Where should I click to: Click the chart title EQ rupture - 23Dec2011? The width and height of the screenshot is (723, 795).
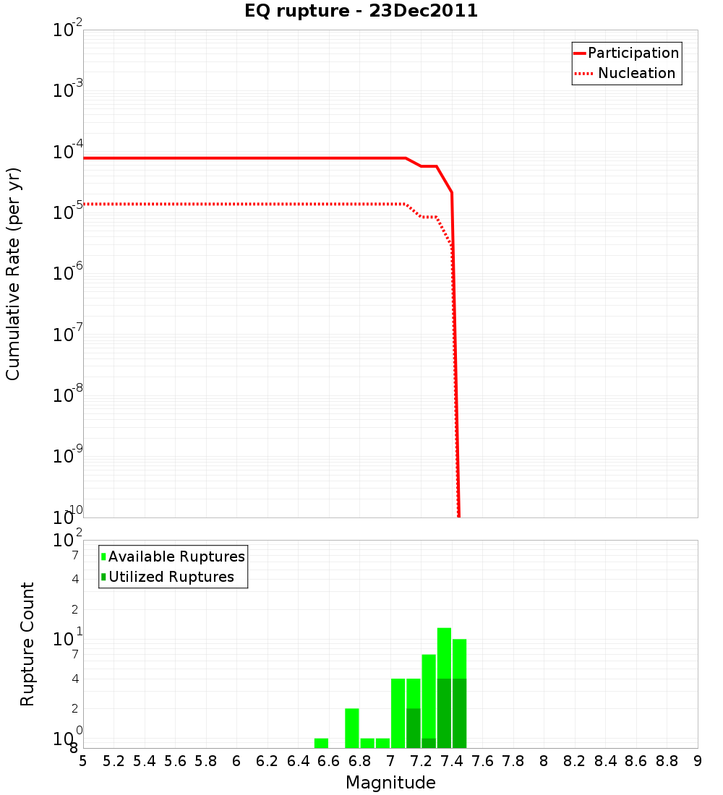[x=361, y=12]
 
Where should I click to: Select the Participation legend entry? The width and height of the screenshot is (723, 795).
[x=633, y=53]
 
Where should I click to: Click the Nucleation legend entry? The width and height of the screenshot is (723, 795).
[x=636, y=73]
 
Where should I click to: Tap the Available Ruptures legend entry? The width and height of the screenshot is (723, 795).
[x=176, y=556]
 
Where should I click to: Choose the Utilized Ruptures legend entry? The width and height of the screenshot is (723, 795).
[x=171, y=577]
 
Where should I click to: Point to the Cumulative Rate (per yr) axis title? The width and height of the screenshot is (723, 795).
[x=13, y=273]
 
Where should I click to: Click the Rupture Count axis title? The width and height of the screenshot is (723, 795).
[x=27, y=643]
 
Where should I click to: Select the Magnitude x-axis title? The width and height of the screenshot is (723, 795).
[x=390, y=783]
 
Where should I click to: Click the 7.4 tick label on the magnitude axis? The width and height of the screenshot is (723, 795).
[x=452, y=761]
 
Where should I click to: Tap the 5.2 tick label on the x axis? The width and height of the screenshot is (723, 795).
[x=114, y=761]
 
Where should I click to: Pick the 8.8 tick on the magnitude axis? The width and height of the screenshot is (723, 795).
[x=667, y=761]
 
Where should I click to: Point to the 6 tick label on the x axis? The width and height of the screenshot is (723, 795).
[x=236, y=761]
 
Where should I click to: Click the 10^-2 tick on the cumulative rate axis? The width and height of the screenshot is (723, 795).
[x=68, y=30]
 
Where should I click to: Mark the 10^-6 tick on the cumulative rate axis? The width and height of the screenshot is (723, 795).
[x=68, y=274]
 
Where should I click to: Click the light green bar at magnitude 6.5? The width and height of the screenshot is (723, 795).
[x=321, y=743]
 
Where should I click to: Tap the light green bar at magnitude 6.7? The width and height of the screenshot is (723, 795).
[x=352, y=728]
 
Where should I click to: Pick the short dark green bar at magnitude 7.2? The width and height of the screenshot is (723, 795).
[x=429, y=743]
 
